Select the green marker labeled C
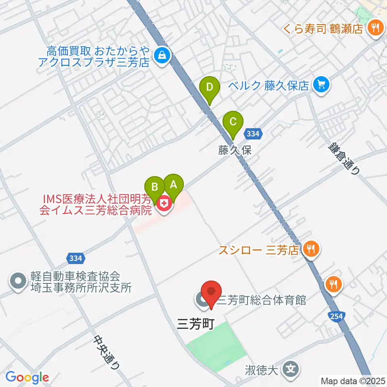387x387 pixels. pos(233,122)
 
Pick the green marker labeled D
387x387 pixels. pos(210,87)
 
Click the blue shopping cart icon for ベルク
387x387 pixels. pos(321,85)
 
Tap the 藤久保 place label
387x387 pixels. pos(235,150)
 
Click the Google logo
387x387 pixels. pos(27,377)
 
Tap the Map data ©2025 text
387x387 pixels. pos(352,380)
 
